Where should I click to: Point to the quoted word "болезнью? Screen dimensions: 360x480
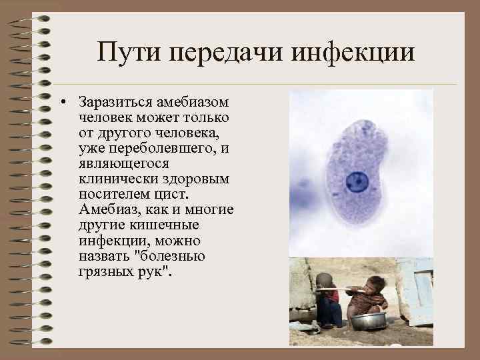(x=169, y=256)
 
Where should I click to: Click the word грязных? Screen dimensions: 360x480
(x=105, y=271)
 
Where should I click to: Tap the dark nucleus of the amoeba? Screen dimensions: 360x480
(x=358, y=181)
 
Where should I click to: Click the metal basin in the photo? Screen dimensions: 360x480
(x=368, y=321)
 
